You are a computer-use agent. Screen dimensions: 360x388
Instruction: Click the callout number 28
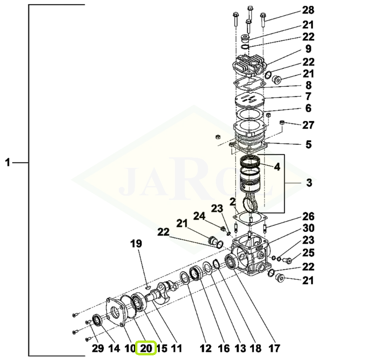tap(308, 10)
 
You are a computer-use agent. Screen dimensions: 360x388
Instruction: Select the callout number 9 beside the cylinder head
tap(308, 49)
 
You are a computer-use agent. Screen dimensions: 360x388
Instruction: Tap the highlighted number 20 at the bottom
tap(146, 348)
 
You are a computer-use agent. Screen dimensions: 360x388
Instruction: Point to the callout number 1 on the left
tap(7, 163)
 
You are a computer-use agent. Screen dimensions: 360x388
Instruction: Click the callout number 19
tap(136, 244)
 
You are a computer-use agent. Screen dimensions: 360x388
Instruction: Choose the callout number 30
tap(308, 228)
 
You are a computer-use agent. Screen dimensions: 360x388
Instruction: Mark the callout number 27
tap(308, 125)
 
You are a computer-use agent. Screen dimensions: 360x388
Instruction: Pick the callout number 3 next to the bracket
tap(309, 183)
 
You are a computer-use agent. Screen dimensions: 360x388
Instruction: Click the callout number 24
tap(199, 216)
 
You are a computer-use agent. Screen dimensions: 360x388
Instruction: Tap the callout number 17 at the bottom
tap(274, 348)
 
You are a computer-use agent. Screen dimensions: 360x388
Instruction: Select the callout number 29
tap(97, 348)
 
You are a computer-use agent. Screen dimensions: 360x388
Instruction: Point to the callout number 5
tap(308, 144)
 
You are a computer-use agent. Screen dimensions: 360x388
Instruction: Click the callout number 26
tap(308, 216)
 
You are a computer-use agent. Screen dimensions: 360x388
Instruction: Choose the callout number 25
tap(308, 253)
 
